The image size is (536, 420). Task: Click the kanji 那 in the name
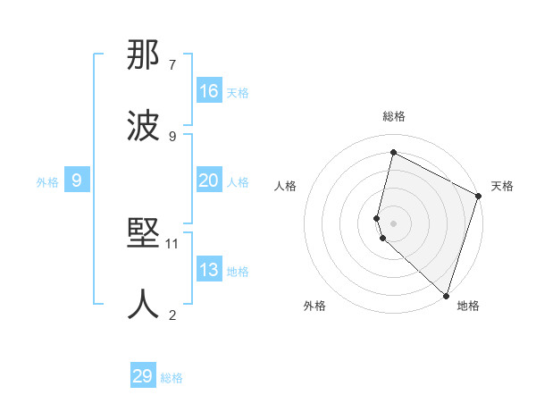144,56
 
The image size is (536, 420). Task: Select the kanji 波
144,126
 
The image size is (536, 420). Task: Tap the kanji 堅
144,235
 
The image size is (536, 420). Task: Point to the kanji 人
144,304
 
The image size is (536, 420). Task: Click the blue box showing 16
209,90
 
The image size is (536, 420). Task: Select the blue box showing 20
209,181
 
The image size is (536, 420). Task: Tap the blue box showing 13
209,270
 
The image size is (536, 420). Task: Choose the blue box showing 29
143,376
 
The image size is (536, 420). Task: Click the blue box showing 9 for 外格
77,181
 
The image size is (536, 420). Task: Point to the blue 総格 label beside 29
172,378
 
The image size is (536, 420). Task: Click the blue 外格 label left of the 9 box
47,181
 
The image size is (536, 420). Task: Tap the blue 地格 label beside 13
238,272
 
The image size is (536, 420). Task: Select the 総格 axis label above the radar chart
393,116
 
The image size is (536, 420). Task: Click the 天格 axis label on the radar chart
502,186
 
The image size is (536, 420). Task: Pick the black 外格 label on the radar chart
314,306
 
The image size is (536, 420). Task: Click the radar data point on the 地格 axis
446,294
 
